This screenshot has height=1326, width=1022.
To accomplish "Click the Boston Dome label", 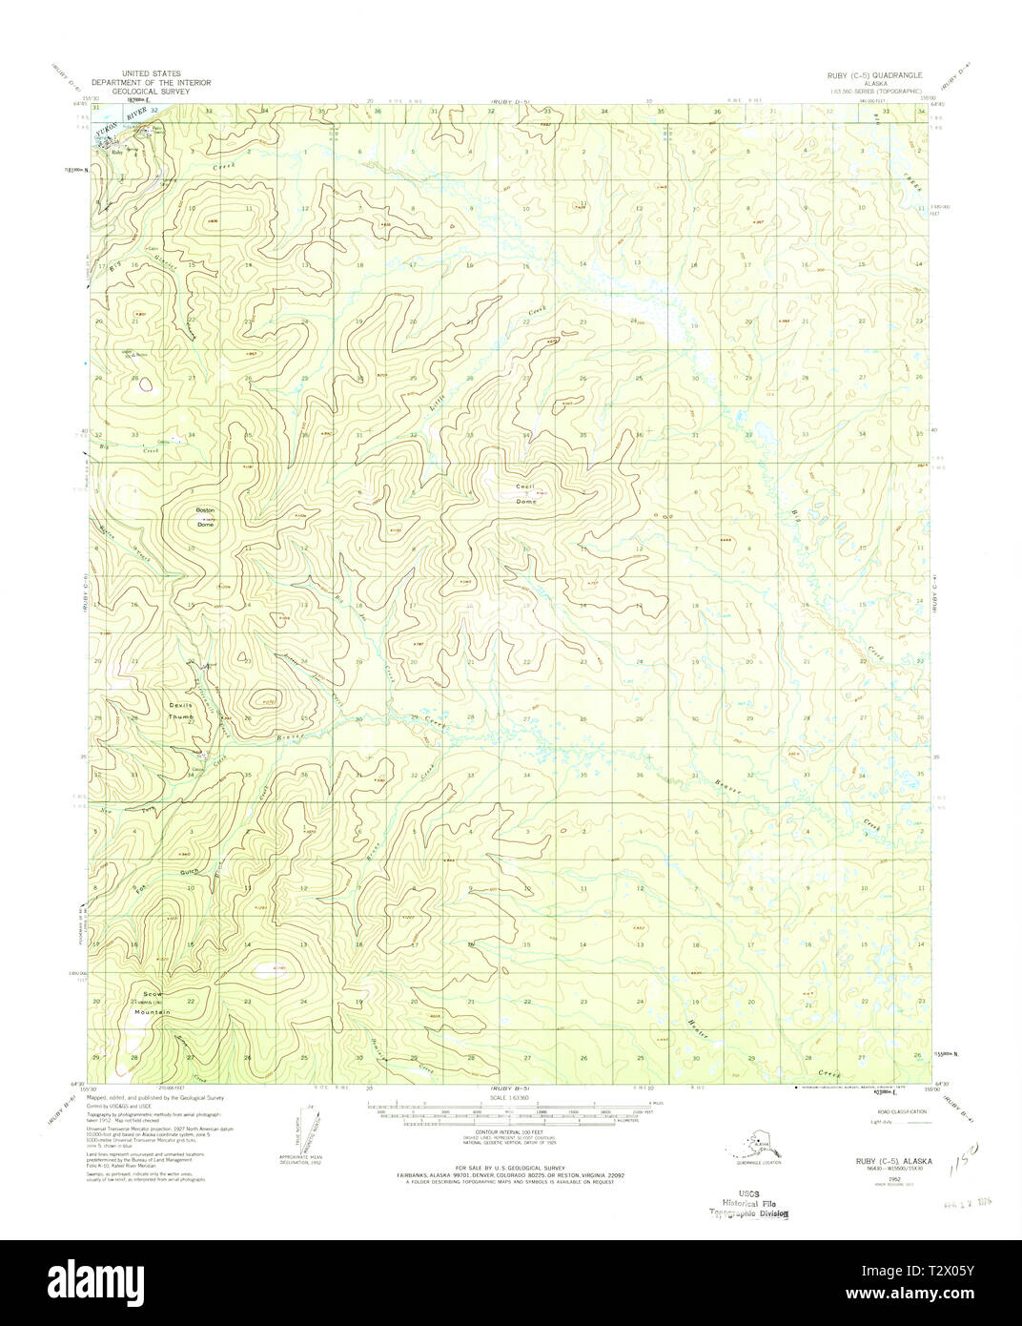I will [x=206, y=517].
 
